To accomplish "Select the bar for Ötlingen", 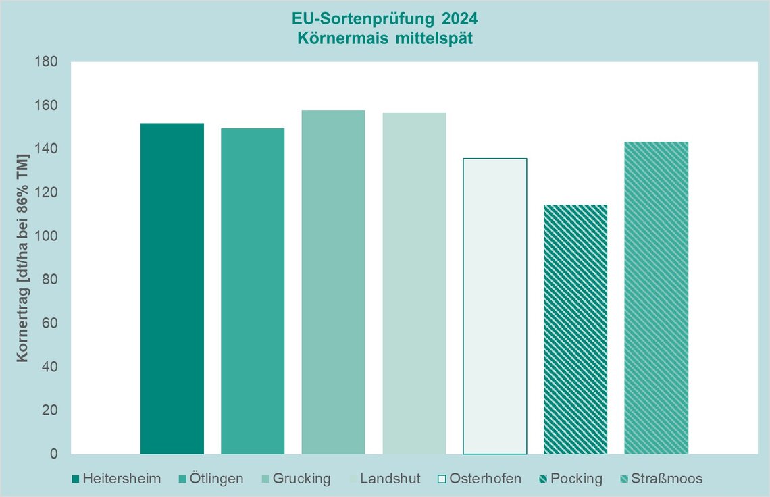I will pyautogui.click(x=253, y=291).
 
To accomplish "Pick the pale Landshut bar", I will pyautogui.click(x=414, y=283).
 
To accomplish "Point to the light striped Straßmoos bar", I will pyautogui.click(x=656, y=298).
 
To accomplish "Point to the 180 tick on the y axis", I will pyautogui.click(x=47, y=61).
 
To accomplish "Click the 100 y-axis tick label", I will pyautogui.click(x=47, y=236).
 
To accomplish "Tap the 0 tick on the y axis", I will pyautogui.click(x=54, y=454).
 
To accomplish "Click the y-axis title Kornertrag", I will pyautogui.click(x=23, y=257).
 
